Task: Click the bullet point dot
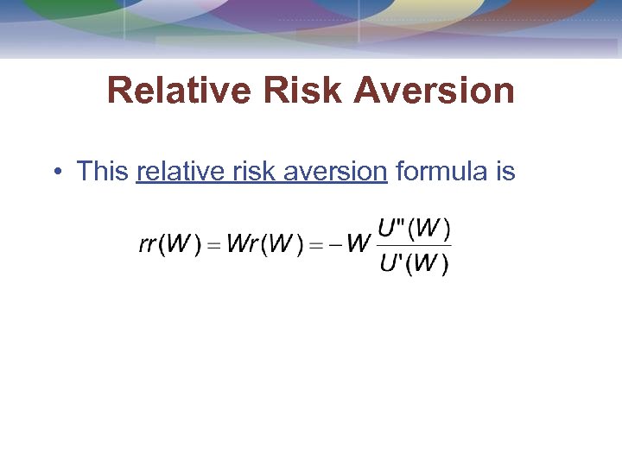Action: tap(56, 172)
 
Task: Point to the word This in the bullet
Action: tap(102, 172)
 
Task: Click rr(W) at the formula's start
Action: tap(169, 244)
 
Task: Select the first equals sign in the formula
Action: tap(212, 245)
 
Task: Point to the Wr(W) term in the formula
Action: tap(261, 244)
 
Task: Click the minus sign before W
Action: tap(332, 245)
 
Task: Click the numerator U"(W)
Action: tap(415, 229)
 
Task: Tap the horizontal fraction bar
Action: tap(415, 246)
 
